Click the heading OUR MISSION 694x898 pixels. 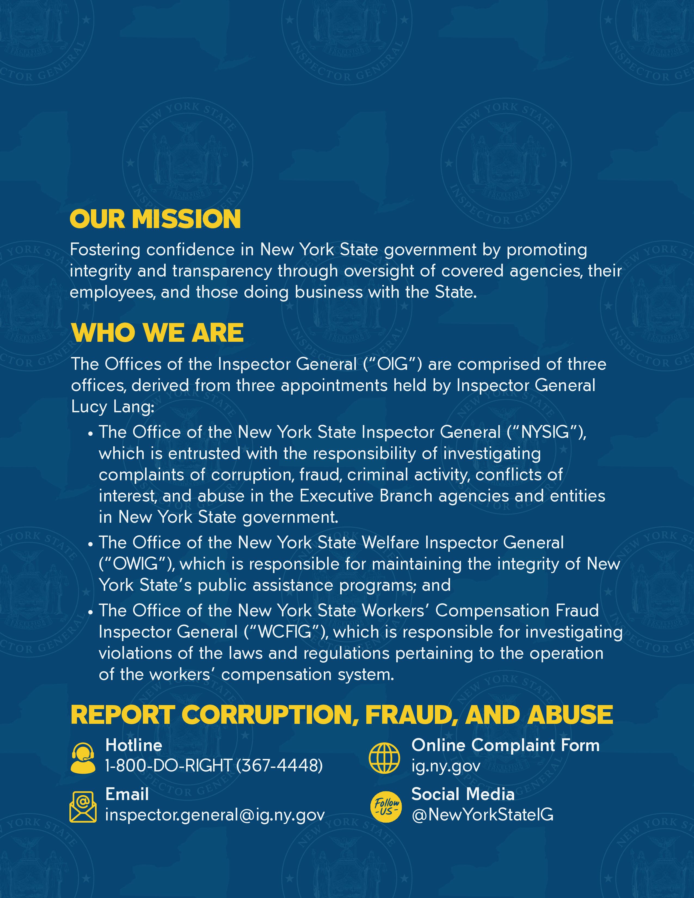(155, 219)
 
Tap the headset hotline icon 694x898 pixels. (83, 759)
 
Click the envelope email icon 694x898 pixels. (83, 807)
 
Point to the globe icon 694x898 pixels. (384, 758)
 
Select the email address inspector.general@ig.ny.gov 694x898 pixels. (215, 814)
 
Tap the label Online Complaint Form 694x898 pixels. (505, 745)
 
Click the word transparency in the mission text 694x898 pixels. (222, 271)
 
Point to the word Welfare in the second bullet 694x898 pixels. (391, 543)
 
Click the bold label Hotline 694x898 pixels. (134, 745)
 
